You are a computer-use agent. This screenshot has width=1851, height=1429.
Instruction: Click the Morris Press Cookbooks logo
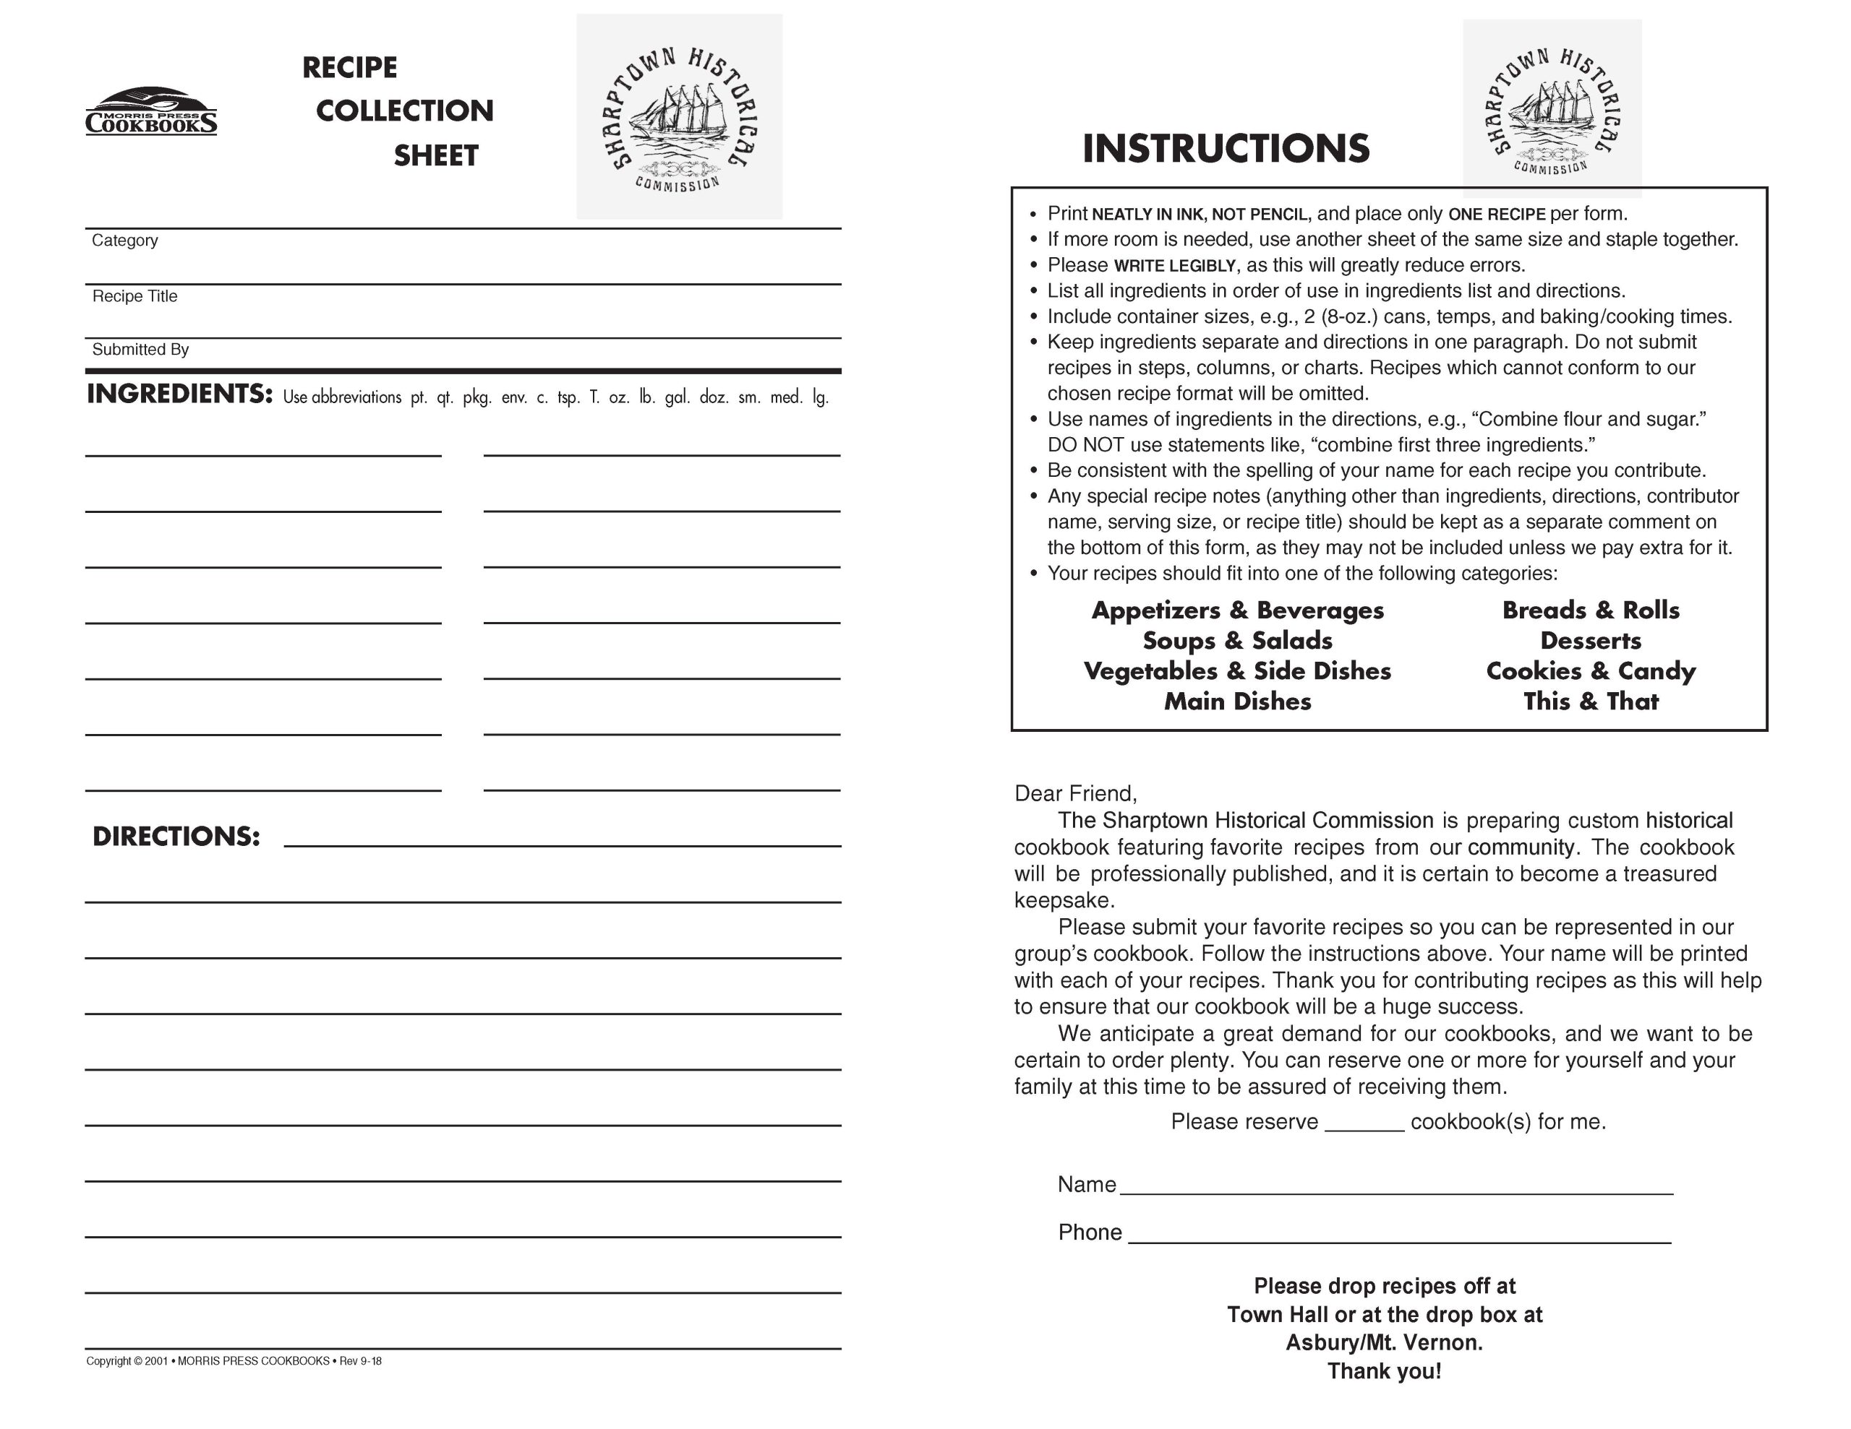(x=151, y=112)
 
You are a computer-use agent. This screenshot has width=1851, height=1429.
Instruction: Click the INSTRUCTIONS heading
(x=1226, y=148)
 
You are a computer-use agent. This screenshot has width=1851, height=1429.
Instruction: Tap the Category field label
(x=124, y=241)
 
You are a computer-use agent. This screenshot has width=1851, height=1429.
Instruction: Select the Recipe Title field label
(x=134, y=296)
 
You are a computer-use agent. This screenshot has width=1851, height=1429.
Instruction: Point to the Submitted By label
(x=140, y=350)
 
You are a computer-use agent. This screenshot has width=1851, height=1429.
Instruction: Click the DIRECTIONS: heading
(x=176, y=837)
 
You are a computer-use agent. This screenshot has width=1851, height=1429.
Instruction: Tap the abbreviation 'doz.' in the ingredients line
(x=714, y=397)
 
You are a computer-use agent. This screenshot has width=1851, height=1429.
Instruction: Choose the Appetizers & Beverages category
(x=1237, y=610)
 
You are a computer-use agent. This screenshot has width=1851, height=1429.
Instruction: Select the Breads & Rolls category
(x=1590, y=610)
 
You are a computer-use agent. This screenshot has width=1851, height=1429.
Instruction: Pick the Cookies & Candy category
(x=1590, y=671)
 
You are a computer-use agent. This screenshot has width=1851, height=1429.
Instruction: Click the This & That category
(x=1590, y=701)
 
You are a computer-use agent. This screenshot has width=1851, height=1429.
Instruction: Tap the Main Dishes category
(x=1237, y=701)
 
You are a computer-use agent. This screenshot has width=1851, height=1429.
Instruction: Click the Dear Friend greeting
(x=1075, y=794)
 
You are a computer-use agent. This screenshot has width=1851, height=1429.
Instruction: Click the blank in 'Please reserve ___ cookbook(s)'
(x=1364, y=1123)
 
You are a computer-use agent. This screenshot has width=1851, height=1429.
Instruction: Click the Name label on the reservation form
(x=1087, y=1185)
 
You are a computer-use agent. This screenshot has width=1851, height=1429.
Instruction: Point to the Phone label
(x=1090, y=1232)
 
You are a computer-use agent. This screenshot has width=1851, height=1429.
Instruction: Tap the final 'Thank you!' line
(x=1384, y=1371)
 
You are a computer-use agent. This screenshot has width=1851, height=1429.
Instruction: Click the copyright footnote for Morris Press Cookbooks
(x=234, y=1361)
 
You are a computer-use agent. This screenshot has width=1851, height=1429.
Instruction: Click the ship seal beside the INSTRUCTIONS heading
(x=1552, y=108)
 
